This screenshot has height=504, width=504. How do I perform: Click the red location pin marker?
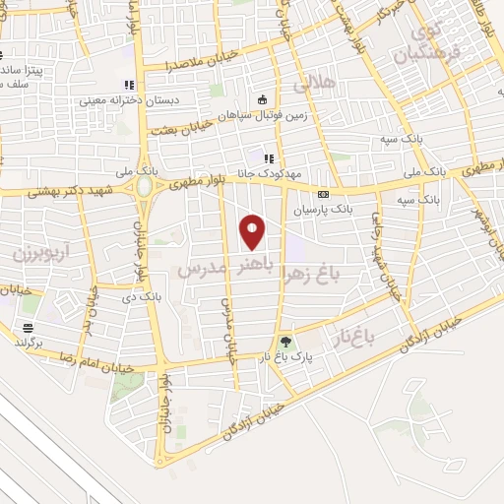click(253, 231)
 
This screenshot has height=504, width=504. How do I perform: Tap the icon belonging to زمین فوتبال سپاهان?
click(263, 99)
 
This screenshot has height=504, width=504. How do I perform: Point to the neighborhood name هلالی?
click(343, 83)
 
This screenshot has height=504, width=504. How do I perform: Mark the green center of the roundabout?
click(145, 186)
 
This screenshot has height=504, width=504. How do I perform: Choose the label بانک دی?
click(141, 294)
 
